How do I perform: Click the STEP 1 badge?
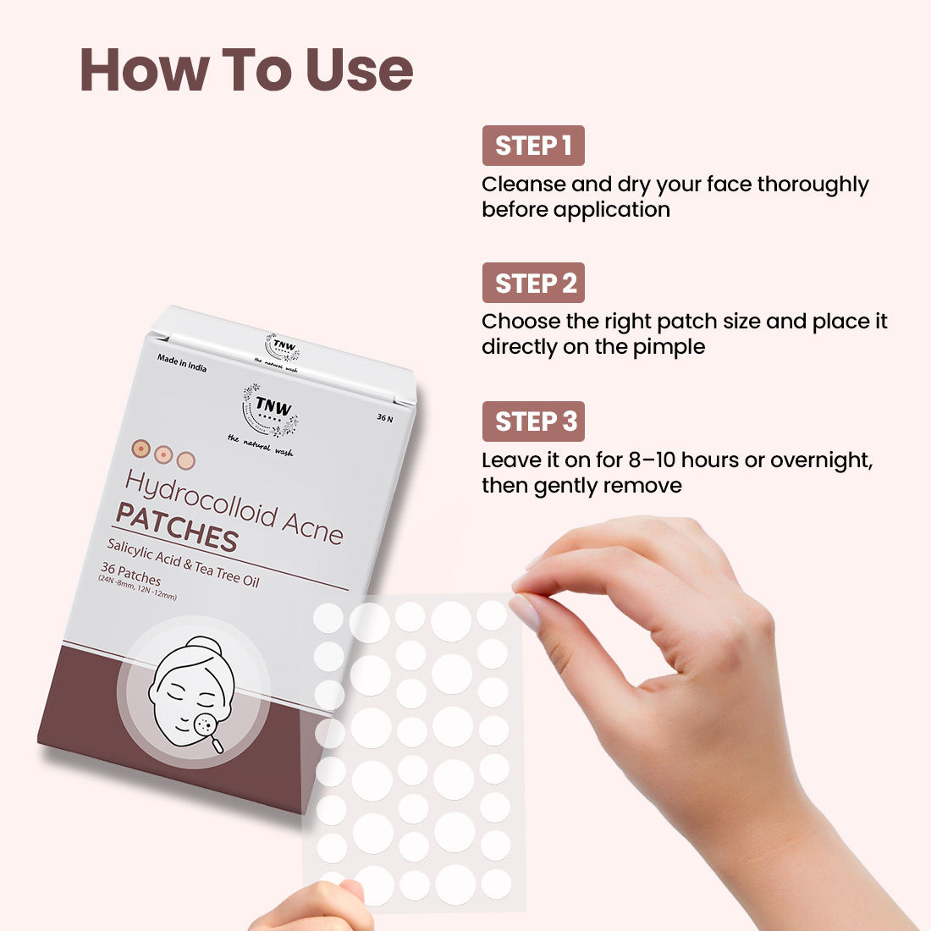(533, 146)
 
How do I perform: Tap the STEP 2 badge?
(533, 284)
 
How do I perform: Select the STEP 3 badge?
(533, 421)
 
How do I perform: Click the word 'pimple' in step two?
(669, 347)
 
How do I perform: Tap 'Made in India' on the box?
(182, 363)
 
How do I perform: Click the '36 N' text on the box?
(385, 418)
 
